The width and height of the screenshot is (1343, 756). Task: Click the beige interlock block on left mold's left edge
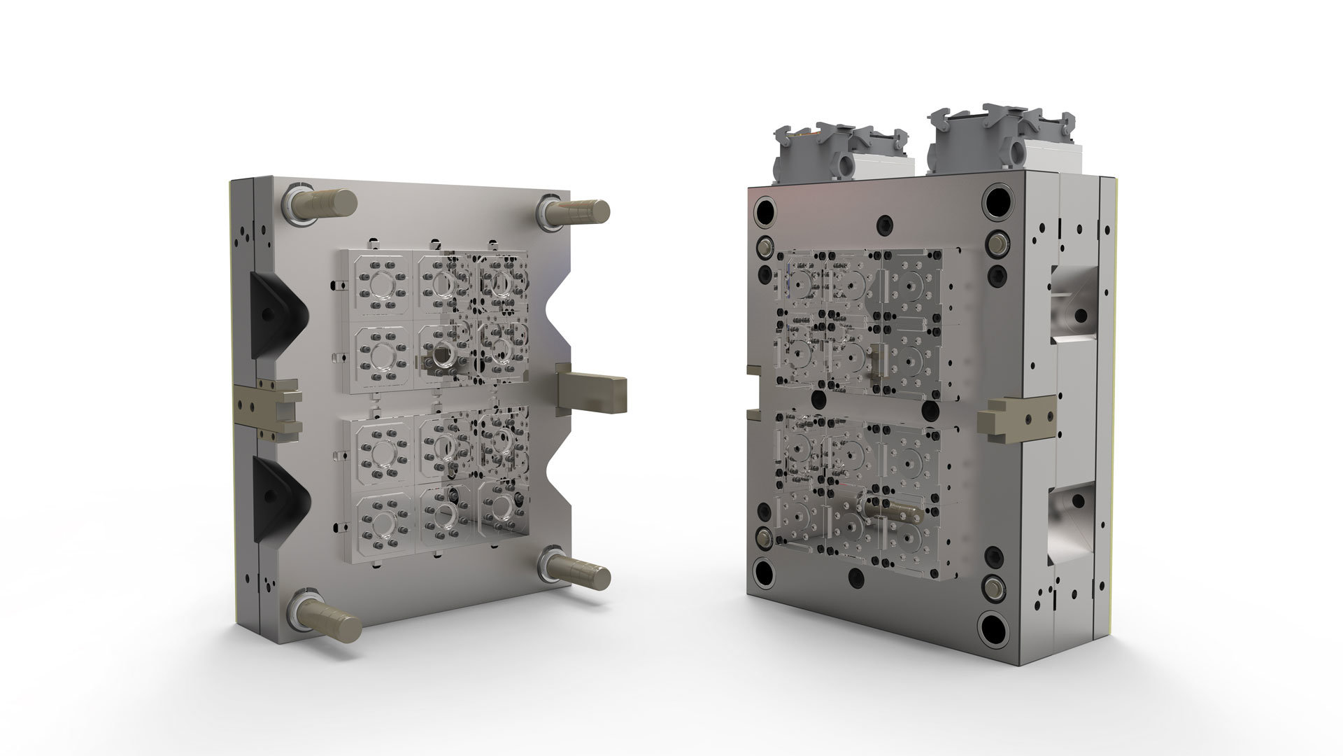coord(269,406)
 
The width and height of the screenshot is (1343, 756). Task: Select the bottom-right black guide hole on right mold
coord(995,625)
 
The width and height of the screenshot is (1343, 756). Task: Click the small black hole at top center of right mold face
coord(886,223)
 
